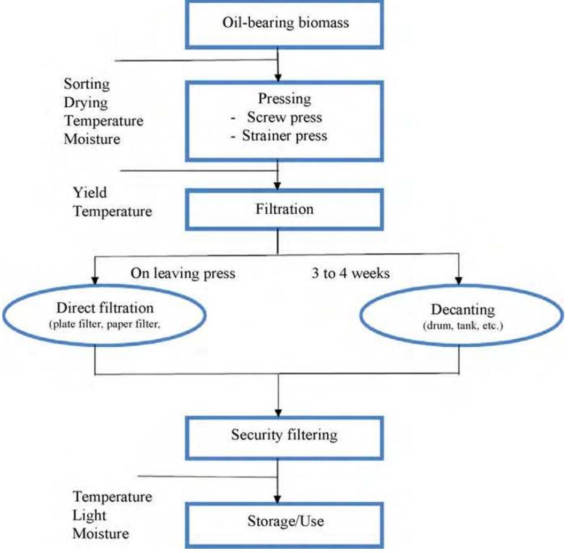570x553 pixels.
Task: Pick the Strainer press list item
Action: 284,135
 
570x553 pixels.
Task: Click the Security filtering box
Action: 284,434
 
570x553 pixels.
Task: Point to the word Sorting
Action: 87,84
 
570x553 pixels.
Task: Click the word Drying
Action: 86,102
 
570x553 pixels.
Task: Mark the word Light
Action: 89,515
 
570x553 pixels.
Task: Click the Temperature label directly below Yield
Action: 112,212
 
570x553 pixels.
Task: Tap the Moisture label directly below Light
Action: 101,533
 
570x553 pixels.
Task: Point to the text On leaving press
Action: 183,274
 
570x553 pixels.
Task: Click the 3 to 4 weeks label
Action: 351,274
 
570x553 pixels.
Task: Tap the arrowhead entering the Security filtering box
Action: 278,413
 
